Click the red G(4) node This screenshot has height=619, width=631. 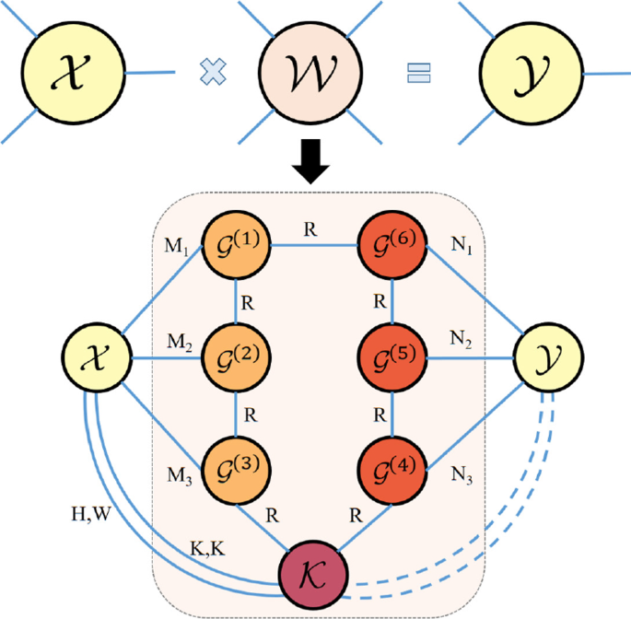click(393, 468)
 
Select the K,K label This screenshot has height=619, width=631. click(209, 548)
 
